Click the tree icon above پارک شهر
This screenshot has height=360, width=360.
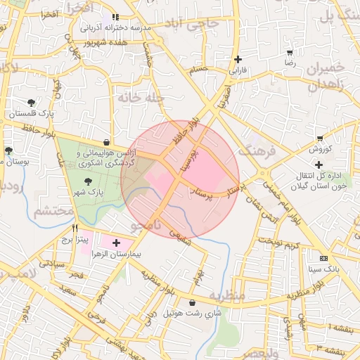[87, 181]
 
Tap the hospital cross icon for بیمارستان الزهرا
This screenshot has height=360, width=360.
[116, 243]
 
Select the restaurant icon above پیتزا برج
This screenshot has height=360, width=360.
[75, 229]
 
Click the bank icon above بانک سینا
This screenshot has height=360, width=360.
[323, 258]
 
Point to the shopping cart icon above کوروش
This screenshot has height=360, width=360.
[320, 139]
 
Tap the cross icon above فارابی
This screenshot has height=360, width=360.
[239, 59]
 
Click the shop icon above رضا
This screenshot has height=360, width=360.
[289, 52]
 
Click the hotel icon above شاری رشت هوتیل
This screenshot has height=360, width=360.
[192, 303]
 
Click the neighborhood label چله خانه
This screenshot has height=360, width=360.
[141, 100]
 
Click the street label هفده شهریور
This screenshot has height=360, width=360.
[105, 42]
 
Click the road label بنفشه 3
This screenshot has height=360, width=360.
[330, 347]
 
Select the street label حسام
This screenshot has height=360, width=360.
[199, 70]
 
